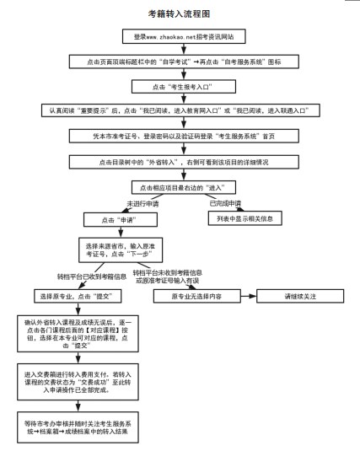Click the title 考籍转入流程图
[x=180, y=14]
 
